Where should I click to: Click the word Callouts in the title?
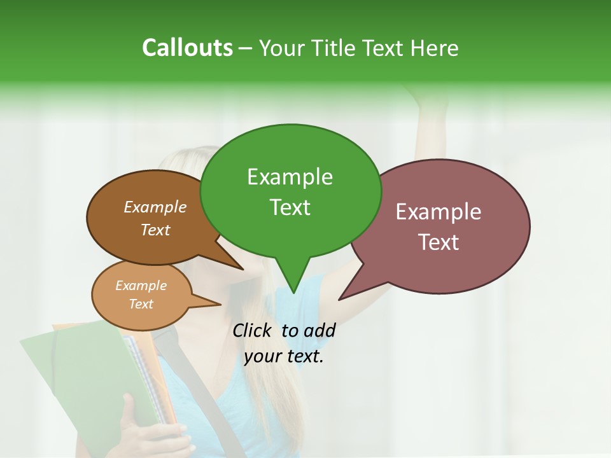[187, 48]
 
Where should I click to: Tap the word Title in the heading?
[335, 48]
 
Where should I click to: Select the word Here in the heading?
[435, 48]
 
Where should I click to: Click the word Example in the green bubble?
[290, 177]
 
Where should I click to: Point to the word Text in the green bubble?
[290, 207]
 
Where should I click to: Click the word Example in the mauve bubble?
[439, 212]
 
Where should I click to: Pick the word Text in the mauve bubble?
[439, 242]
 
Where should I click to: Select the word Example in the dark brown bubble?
[155, 207]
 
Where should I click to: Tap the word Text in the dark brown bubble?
[155, 230]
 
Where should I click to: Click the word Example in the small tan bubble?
[141, 286]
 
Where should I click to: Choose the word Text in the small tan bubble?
[141, 304]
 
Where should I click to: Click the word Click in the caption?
[253, 330]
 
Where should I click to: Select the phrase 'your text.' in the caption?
[284, 356]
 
